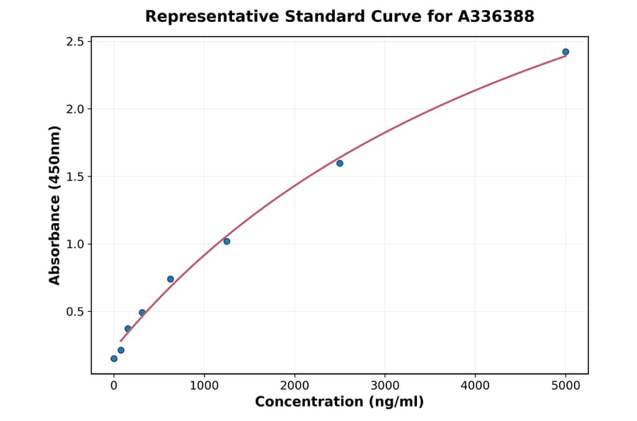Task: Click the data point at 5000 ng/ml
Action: click(566, 52)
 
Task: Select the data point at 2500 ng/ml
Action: click(340, 163)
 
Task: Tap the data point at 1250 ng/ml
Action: click(226, 242)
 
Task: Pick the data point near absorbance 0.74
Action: click(171, 279)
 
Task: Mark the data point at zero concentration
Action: click(114, 359)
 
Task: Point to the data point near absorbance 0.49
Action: click(142, 313)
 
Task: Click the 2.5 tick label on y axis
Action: click(74, 42)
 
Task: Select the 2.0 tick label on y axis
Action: click(74, 109)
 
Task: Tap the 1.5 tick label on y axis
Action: click(74, 176)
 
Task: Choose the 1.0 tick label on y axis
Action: click(74, 244)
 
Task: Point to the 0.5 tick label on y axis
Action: click(74, 312)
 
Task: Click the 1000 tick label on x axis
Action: click(204, 386)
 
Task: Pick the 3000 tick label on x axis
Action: click(385, 386)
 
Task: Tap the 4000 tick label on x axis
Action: click(475, 386)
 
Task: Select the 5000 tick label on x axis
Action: click(566, 386)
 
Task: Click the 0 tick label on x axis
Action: click(114, 386)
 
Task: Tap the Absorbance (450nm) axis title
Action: click(55, 205)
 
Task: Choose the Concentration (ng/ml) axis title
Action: click(339, 403)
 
